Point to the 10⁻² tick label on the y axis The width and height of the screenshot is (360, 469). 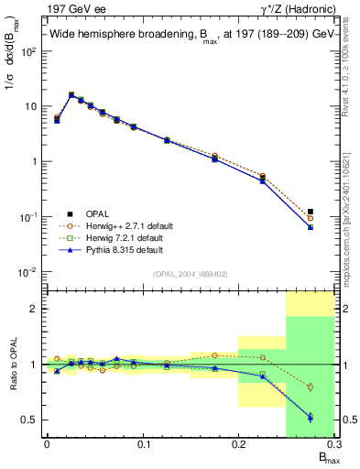pos(29,272)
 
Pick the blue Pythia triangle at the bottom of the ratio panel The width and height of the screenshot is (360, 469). pos(310,417)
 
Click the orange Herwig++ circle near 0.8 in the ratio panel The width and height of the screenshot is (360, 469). pos(310,387)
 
